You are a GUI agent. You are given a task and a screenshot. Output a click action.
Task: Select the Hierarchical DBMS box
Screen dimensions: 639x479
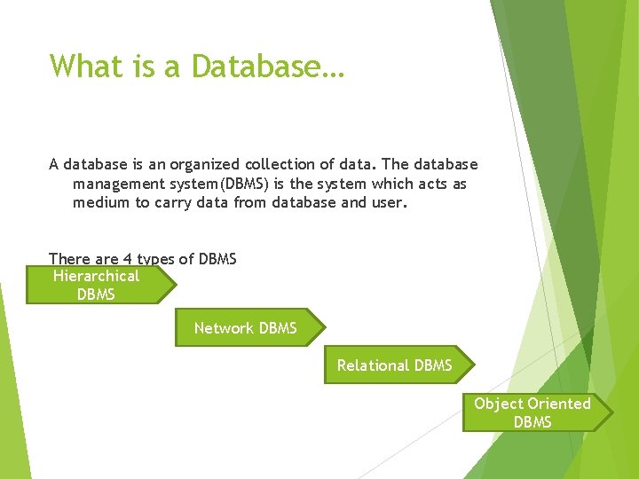coord(98,285)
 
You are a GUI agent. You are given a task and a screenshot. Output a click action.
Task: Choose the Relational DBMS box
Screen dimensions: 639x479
coord(395,365)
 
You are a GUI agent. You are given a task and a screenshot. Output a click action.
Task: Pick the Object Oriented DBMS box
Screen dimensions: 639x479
coord(533,412)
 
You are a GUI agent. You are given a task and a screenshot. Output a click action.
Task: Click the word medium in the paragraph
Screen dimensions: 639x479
coord(101,202)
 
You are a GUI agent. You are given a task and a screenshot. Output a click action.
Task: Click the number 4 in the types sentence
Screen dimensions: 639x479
coord(128,259)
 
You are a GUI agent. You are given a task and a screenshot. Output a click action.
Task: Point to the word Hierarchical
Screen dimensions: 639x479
coord(96,276)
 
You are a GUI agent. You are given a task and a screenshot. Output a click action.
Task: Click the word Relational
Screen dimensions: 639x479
coord(374,365)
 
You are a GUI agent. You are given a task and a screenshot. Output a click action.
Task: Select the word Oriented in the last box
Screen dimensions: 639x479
coord(559,404)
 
